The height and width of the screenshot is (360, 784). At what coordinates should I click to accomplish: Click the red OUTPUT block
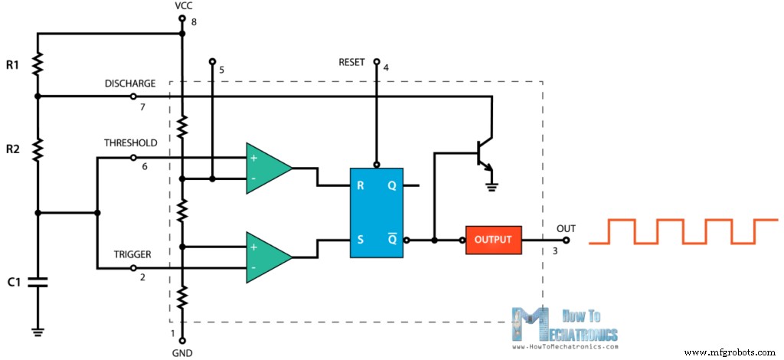pyautogui.click(x=493, y=240)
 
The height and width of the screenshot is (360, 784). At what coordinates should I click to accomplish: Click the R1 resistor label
pyautogui.click(x=12, y=66)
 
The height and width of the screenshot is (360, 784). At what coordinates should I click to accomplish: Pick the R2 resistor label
pyautogui.click(x=12, y=149)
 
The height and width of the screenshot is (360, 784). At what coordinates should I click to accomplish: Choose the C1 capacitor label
pyautogui.click(x=12, y=283)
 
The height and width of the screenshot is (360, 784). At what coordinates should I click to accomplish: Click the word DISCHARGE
pyautogui.click(x=130, y=83)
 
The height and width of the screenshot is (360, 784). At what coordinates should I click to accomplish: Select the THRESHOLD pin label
pyautogui.click(x=131, y=143)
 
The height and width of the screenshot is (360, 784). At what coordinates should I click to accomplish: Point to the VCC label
pyautogui.click(x=183, y=7)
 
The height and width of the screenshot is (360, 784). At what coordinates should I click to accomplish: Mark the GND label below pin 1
pyautogui.click(x=182, y=353)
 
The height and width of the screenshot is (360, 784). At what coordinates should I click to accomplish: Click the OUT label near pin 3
pyautogui.click(x=565, y=229)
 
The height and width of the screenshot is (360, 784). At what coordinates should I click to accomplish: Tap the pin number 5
pyautogui.click(x=221, y=70)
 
